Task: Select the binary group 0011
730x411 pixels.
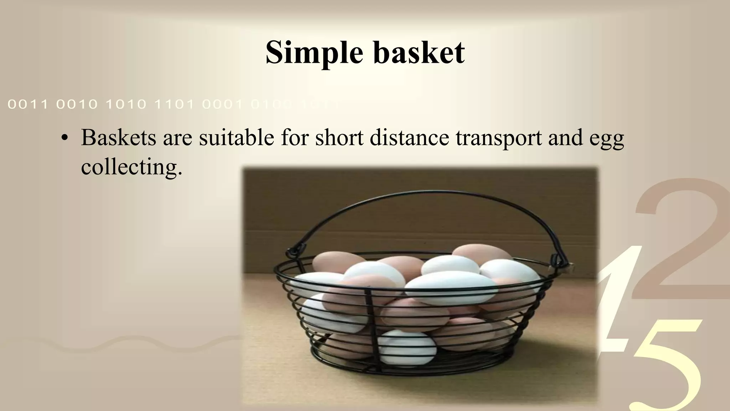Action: (x=28, y=105)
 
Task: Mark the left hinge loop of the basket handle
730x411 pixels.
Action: (x=293, y=249)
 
